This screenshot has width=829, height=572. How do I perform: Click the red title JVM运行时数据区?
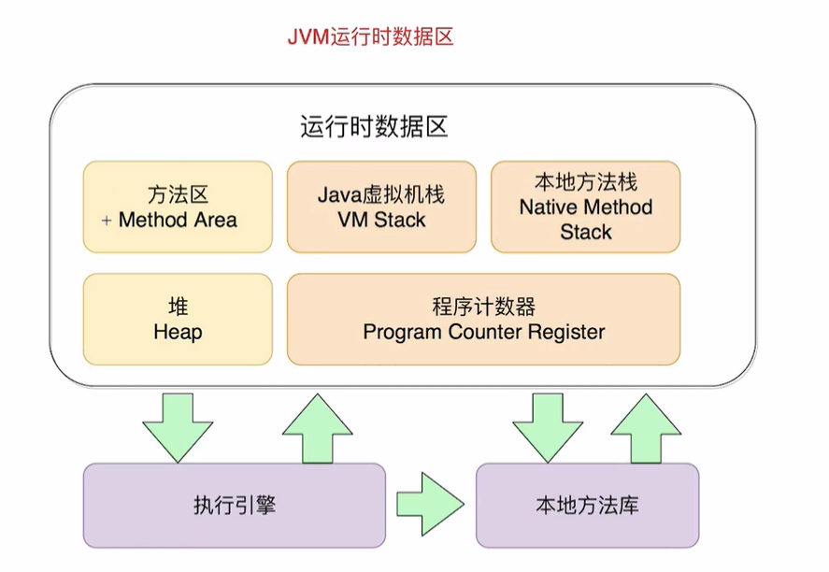click(x=369, y=38)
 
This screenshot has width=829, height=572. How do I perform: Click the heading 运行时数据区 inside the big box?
click(x=374, y=127)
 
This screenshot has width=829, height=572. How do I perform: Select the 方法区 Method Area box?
click(x=178, y=207)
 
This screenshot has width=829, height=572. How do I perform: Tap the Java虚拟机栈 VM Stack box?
click(x=381, y=207)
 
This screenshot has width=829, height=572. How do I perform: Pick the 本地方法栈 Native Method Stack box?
click(x=585, y=207)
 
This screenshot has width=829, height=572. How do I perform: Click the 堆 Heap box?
click(x=178, y=319)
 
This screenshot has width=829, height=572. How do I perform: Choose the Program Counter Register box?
click(x=483, y=319)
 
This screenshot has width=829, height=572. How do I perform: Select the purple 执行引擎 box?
click(x=234, y=506)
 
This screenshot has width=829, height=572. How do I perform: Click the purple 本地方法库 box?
click(x=587, y=506)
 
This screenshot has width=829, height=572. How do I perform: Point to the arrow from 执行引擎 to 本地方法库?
click(x=430, y=506)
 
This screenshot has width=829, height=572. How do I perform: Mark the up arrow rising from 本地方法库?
click(x=645, y=428)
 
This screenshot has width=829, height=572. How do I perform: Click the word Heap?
click(x=178, y=332)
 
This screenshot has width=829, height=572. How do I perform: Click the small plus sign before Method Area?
click(x=106, y=221)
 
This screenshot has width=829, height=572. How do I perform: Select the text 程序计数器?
click(x=483, y=307)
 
